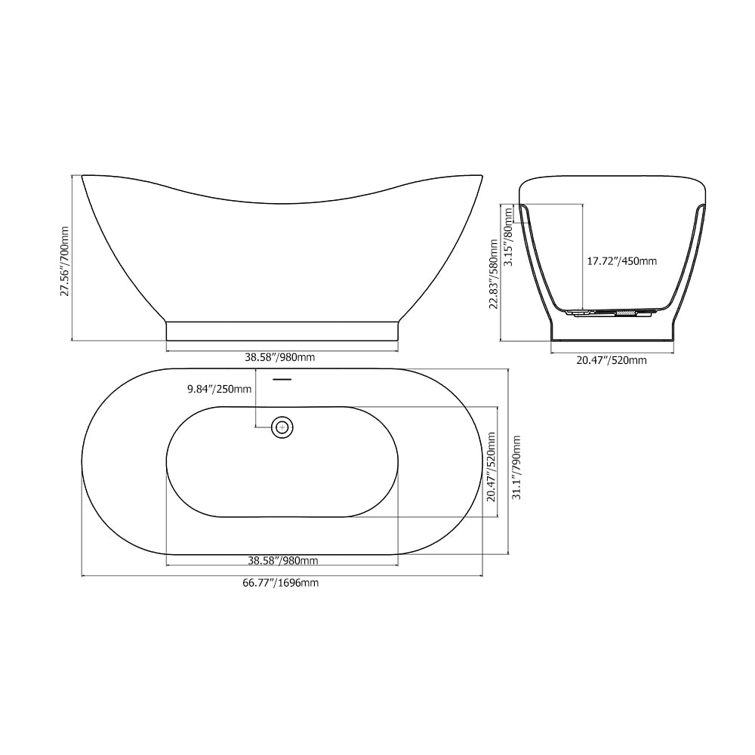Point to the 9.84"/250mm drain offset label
click(x=220, y=390)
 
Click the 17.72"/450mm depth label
click(x=621, y=261)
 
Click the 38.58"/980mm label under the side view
click(x=281, y=357)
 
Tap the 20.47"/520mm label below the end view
click(x=612, y=360)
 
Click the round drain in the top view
click(x=282, y=427)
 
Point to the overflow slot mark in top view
click(x=282, y=378)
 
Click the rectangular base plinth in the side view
click(x=282, y=331)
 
